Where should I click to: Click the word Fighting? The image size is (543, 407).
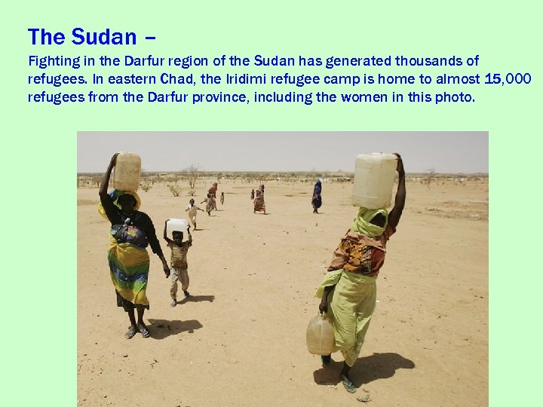53,61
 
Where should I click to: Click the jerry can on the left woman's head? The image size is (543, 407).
127,171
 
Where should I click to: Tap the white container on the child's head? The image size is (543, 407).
176,226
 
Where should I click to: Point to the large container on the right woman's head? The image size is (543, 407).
374,181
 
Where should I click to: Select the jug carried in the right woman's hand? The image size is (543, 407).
321,335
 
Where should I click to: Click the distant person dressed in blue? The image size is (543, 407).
317,195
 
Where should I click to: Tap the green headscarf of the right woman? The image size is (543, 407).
370,222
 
